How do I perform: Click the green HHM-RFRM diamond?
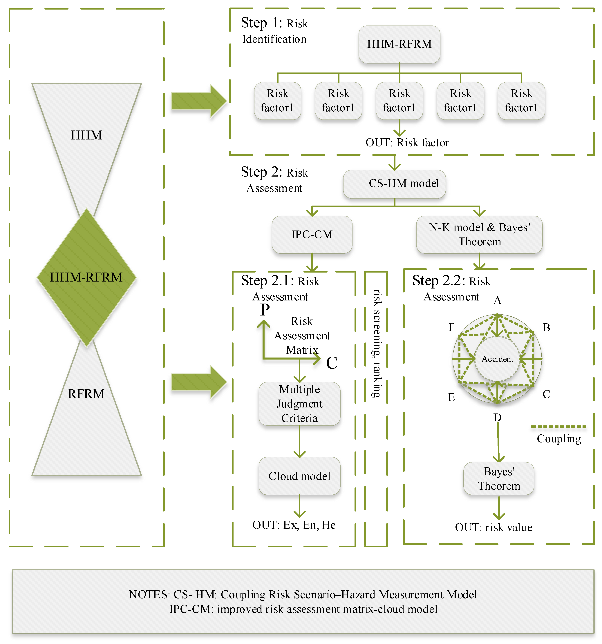[86, 277]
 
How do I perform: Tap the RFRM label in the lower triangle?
[86, 394]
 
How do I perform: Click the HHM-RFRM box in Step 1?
[399, 44]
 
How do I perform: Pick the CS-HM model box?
[394, 184]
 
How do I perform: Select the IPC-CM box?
[312, 234]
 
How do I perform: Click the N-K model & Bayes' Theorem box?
[479, 234]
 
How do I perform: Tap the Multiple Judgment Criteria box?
[299, 404]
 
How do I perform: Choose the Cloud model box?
[299, 476]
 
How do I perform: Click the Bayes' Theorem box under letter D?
[499, 478]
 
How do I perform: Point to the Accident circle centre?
[497, 359]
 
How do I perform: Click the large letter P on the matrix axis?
[265, 310]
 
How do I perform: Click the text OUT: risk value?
[493, 527]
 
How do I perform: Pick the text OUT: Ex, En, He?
[294, 525]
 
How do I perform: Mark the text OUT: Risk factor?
[407, 143]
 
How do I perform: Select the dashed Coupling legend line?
[559, 427]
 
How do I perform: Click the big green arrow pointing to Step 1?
[198, 101]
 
